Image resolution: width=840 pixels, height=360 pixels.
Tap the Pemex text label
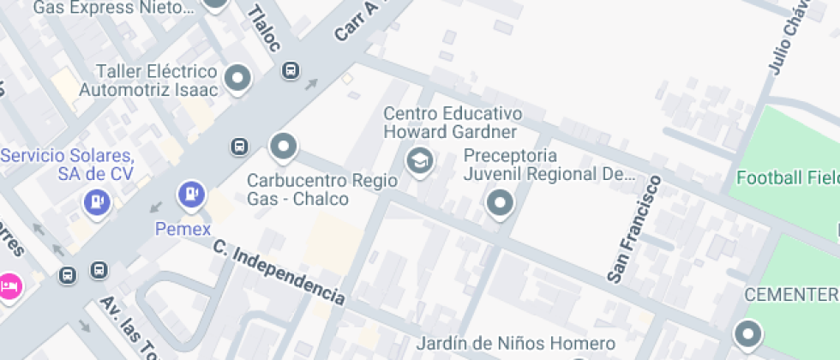coord(183,228)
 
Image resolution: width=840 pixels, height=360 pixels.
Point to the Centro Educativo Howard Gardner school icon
coord(419,159)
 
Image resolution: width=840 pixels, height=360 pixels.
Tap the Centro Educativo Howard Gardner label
coord(452,123)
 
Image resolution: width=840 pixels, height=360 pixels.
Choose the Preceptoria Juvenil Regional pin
coord(499,203)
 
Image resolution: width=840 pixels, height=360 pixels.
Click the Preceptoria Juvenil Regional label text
coord(549,165)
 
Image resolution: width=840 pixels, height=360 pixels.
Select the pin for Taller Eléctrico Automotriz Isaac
coord(237,79)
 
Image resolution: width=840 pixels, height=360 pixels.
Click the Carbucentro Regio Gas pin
coord(283,147)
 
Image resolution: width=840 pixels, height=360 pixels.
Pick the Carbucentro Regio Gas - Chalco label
coord(322,189)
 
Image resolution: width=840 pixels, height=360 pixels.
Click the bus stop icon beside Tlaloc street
coord(291,70)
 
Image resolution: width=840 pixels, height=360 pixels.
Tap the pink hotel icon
coord(9,285)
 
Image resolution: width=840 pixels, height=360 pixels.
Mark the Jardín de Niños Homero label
coord(516,345)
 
